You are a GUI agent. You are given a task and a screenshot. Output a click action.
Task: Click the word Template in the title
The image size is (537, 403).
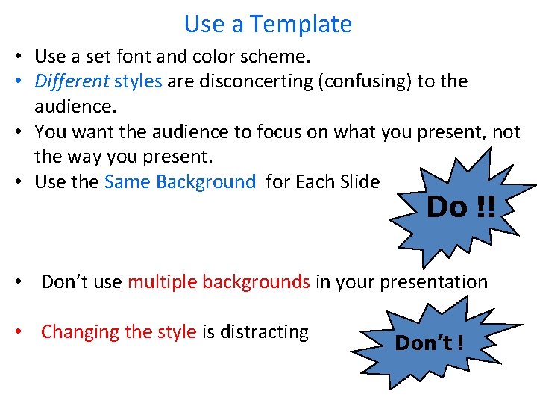(301, 25)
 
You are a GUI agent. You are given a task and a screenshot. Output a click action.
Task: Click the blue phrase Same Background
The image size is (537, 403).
(180, 182)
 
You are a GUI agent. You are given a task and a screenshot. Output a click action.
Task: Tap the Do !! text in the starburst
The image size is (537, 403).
(460, 207)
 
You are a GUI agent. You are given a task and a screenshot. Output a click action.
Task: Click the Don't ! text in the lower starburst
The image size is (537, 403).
(430, 343)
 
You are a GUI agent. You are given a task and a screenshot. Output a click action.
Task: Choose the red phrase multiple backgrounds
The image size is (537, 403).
(219, 282)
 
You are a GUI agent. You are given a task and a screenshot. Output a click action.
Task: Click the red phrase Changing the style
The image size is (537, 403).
(119, 332)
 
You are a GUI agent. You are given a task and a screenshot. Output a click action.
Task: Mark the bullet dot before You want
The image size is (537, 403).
(25, 132)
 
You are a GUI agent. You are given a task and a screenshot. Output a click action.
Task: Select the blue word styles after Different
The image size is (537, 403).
(138, 81)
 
